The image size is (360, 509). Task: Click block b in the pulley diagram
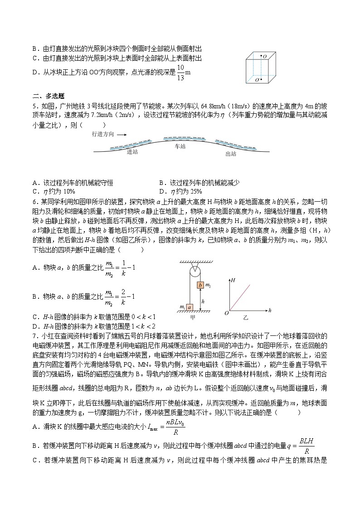click(200, 286)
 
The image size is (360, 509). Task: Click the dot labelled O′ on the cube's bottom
click(261, 80)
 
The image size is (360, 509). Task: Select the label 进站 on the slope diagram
click(132, 152)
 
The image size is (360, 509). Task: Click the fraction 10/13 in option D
click(180, 72)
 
